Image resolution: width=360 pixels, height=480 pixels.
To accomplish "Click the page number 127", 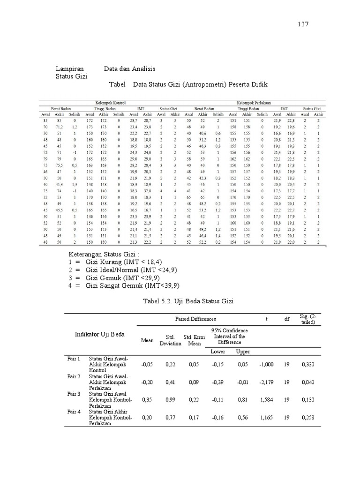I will coord(303,24).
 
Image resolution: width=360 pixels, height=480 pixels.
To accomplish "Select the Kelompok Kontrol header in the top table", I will coord(110,102).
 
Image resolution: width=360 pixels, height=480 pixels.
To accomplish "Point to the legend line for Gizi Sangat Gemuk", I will coord(125,285).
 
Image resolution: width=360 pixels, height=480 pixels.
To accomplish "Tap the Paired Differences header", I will coord(195,319).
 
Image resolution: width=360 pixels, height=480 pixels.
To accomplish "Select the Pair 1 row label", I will coord(74,359).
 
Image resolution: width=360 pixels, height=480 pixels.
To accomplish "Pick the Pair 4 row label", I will coord(74,412).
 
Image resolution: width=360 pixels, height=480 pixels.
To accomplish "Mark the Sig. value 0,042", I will coord(307,382).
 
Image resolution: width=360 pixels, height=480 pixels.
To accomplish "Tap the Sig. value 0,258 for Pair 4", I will coord(307,417).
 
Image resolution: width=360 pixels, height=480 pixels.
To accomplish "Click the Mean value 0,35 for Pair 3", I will coord(147,400).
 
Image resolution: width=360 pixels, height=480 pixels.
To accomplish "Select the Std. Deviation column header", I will coord(170,340).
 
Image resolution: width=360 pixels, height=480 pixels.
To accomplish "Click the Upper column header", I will coord(242,351).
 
